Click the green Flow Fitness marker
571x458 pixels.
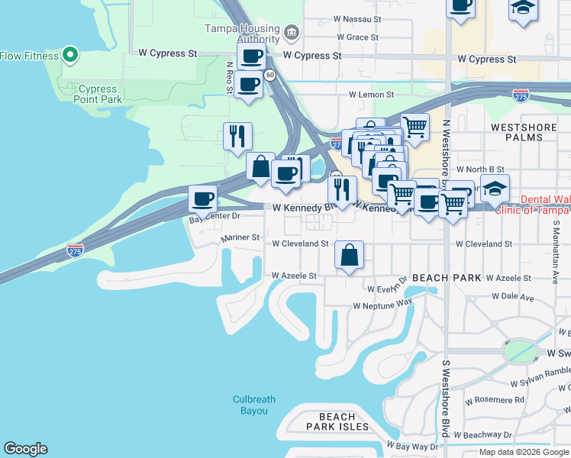tap(70, 54)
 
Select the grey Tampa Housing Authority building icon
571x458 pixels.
tap(291, 34)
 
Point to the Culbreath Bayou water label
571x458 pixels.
tap(250, 405)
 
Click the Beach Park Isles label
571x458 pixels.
tap(337, 421)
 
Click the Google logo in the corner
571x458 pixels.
tap(25, 449)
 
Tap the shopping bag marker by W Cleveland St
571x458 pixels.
tap(349, 256)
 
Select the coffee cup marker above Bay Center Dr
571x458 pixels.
tap(203, 199)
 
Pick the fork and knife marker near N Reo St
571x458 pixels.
tap(237, 137)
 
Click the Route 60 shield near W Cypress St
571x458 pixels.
tap(270, 75)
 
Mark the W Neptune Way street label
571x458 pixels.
tap(382, 305)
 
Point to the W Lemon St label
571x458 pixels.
tap(371, 95)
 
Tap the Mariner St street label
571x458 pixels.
tap(240, 238)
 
